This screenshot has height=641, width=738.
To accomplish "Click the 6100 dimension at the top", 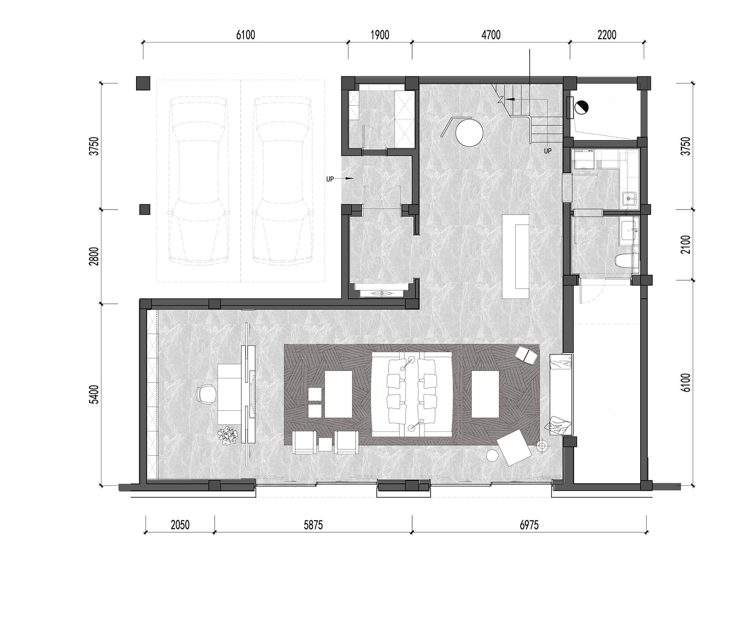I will (x=245, y=35).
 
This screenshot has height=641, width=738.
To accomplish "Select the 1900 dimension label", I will (x=380, y=35).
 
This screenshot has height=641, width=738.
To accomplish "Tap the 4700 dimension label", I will (x=491, y=35).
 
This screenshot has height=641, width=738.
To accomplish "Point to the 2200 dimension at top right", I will (x=607, y=35).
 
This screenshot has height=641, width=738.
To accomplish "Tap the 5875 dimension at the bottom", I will (x=313, y=525).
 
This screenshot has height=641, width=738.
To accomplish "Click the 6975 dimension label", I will (x=529, y=525).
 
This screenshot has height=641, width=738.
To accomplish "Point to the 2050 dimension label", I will (x=180, y=525).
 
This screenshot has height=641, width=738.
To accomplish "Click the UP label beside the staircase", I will (x=548, y=151).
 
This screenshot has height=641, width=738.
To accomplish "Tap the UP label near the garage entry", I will (x=330, y=179).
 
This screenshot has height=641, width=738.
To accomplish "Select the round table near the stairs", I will (x=469, y=132).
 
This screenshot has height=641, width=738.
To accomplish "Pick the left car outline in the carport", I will (x=199, y=181).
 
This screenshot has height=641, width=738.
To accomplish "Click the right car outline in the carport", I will (x=282, y=181).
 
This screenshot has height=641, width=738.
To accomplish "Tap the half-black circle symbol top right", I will (x=581, y=107).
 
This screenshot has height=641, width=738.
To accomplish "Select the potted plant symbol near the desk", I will (x=228, y=436).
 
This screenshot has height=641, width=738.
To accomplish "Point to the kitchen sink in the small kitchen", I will (x=629, y=198).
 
